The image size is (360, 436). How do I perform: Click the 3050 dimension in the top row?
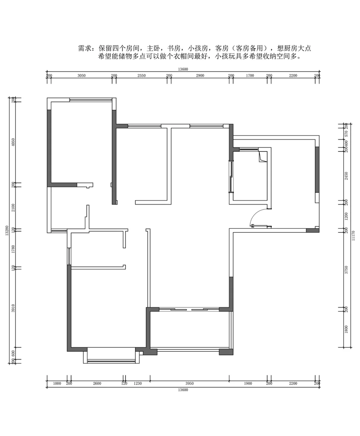[81, 76]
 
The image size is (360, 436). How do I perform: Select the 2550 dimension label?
[141, 76]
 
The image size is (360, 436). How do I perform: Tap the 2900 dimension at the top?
[200, 76]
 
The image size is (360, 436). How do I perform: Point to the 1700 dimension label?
[250, 76]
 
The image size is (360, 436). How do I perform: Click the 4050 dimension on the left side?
[13, 142]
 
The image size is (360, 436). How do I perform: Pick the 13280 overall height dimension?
[7, 230]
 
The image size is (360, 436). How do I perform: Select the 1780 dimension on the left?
[13, 249]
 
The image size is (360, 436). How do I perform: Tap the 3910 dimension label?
[13, 308]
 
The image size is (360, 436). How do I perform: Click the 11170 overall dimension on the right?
[353, 235]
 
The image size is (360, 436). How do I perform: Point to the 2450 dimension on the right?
[346, 176]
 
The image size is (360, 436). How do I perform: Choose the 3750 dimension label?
[346, 270]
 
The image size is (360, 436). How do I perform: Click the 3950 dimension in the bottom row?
[190, 383]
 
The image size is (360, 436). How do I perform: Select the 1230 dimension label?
[138, 383]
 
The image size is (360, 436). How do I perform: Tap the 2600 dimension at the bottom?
[97, 383]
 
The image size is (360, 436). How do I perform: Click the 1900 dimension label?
[248, 383]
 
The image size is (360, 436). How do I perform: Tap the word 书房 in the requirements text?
[174, 48]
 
